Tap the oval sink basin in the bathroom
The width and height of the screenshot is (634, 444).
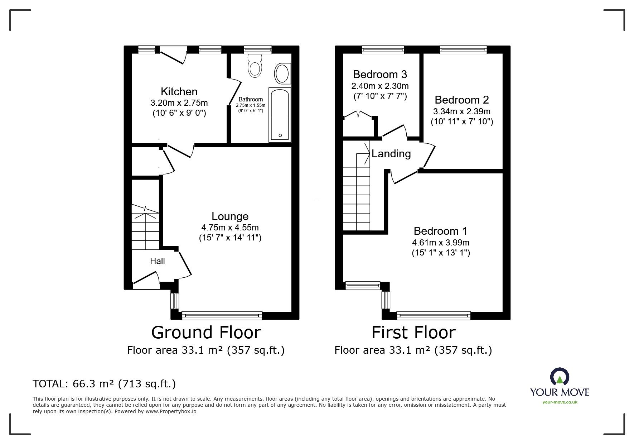(283, 73)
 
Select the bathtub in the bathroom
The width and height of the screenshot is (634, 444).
(280, 114)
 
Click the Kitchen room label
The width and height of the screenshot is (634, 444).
(179, 92)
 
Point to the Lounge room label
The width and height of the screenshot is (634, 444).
(230, 216)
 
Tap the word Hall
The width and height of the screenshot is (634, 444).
(158, 261)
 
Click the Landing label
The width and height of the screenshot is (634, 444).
(391, 154)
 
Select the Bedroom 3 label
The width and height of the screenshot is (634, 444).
(380, 75)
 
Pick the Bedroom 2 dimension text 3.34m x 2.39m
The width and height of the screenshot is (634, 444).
(462, 111)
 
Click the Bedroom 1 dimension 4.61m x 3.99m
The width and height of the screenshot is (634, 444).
(441, 243)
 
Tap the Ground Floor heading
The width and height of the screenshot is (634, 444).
(206, 332)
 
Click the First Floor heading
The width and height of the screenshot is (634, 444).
(413, 332)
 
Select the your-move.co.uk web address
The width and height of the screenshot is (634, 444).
(560, 402)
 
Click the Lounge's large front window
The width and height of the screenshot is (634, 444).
(222, 315)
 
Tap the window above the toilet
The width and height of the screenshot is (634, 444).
(258, 49)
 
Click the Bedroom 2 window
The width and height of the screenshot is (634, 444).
(463, 49)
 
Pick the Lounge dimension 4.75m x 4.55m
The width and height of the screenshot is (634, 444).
(230, 228)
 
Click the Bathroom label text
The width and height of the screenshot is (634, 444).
(251, 99)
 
